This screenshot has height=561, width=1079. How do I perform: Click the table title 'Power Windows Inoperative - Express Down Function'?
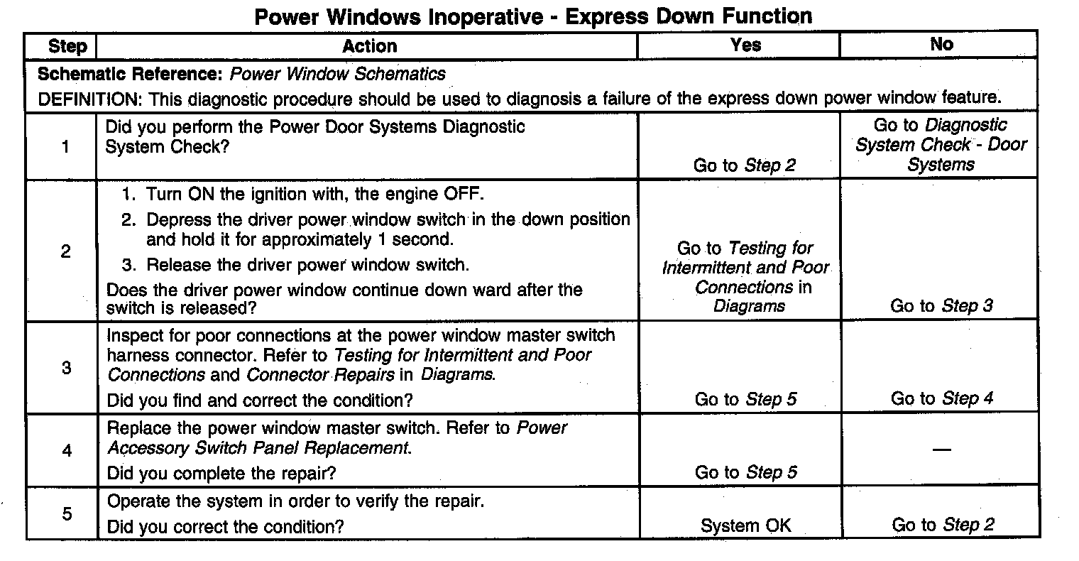[533, 16]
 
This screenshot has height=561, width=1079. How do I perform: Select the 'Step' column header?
[67, 47]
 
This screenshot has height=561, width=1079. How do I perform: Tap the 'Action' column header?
[369, 47]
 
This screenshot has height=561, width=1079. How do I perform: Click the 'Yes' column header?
[745, 45]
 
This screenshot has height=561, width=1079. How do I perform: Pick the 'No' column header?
[941, 45]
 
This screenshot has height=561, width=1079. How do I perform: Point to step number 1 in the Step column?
[66, 147]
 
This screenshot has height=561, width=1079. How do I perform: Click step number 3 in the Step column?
[66, 369]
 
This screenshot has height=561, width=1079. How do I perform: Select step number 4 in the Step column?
[67, 450]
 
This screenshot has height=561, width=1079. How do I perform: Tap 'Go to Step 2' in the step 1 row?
[745, 165]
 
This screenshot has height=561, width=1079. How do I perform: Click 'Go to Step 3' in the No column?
[941, 306]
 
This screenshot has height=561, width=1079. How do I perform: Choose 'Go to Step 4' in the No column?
[941, 398]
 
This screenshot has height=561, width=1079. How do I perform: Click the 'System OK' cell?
[745, 525]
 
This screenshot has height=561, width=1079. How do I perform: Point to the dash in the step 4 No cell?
[941, 450]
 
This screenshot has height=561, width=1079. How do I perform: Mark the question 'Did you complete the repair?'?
[221, 473]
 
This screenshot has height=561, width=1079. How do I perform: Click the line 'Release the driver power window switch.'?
[307, 266]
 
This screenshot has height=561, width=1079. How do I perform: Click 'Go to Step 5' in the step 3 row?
[745, 399]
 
